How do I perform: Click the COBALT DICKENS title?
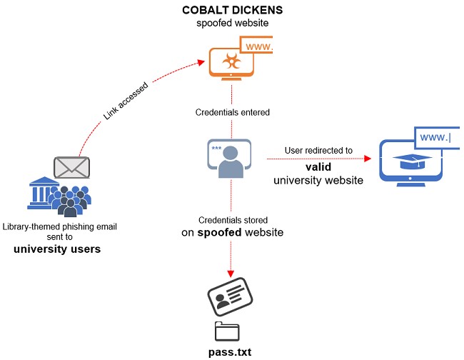231,10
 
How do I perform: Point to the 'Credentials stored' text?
231,219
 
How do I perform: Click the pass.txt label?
231,352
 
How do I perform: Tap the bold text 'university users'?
56,249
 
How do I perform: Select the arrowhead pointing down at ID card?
231,274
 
